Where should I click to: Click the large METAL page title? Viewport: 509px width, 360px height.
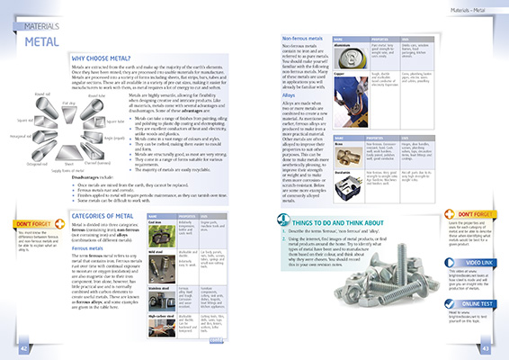[x=42, y=42]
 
